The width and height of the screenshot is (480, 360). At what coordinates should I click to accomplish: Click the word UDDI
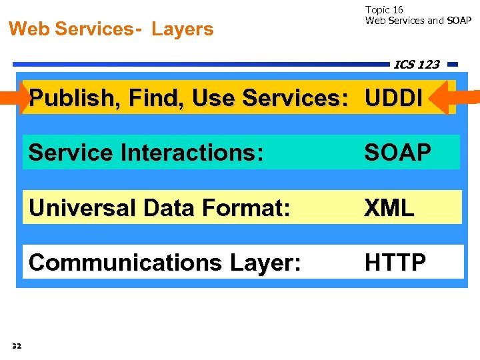pyautogui.click(x=393, y=99)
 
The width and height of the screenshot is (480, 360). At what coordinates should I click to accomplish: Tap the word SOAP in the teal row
pyautogui.click(x=397, y=153)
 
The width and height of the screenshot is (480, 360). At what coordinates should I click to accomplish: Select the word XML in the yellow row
pyautogui.click(x=389, y=208)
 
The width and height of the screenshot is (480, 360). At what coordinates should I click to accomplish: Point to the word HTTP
pyautogui.click(x=395, y=263)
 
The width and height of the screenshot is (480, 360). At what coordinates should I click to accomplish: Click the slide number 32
pyautogui.click(x=17, y=345)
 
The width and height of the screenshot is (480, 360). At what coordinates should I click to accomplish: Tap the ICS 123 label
pyautogui.click(x=417, y=64)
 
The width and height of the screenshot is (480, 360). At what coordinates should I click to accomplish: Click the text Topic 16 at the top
pyautogui.click(x=384, y=10)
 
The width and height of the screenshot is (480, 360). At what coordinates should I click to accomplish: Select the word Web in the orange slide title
pyautogui.click(x=29, y=29)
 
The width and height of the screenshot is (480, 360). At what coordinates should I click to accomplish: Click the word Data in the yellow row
pyautogui.click(x=176, y=208)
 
